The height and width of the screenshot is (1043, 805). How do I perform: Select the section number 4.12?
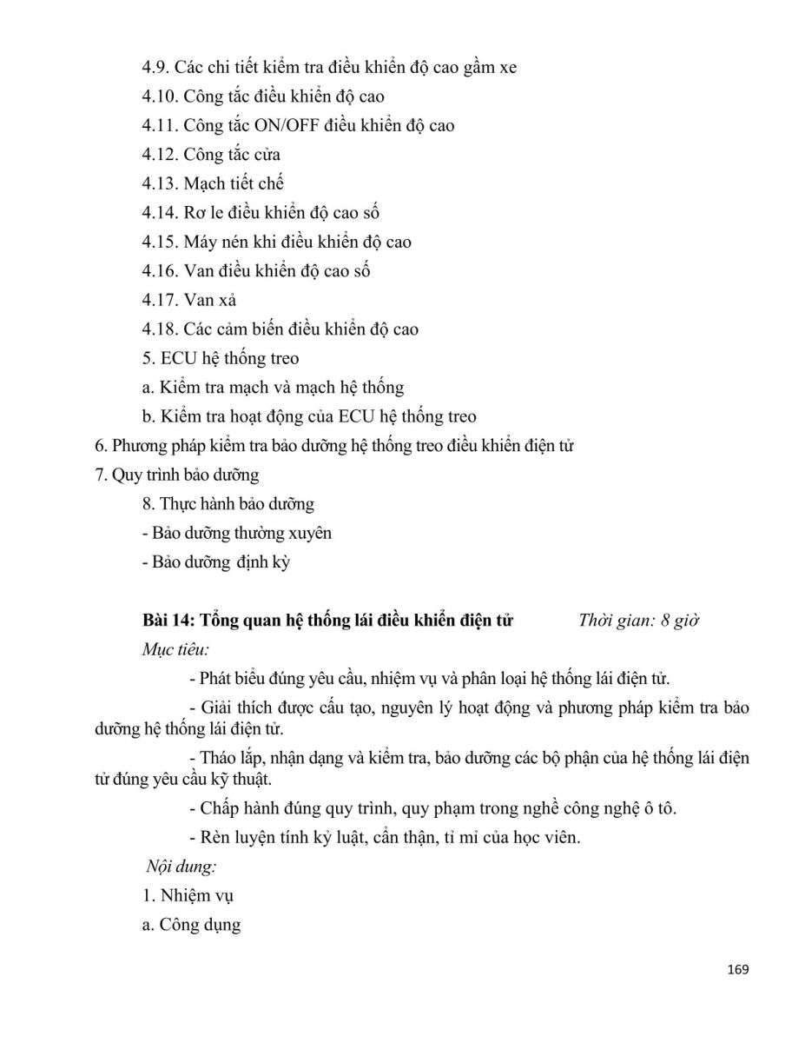point(161,155)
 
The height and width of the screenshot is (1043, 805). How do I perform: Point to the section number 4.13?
point(161,183)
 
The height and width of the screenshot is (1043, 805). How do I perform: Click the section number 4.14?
point(161,213)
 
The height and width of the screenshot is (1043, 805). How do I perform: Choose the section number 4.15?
point(161,242)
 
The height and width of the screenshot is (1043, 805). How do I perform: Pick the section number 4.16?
point(161,271)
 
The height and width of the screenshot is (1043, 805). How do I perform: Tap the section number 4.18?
point(161,329)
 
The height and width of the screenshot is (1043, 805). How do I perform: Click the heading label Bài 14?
point(169,621)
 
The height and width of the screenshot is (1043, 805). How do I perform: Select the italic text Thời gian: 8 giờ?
point(638,621)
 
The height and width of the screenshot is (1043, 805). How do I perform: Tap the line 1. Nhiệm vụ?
point(188,896)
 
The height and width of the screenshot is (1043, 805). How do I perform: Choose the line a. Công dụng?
point(191,925)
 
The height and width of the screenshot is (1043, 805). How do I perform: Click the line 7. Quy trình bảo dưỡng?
point(176,475)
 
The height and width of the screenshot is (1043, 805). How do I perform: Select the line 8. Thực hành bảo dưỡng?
point(228,504)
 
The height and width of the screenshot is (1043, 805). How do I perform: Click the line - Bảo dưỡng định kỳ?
point(215,562)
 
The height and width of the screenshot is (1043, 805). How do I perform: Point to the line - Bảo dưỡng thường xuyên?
point(236,533)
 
